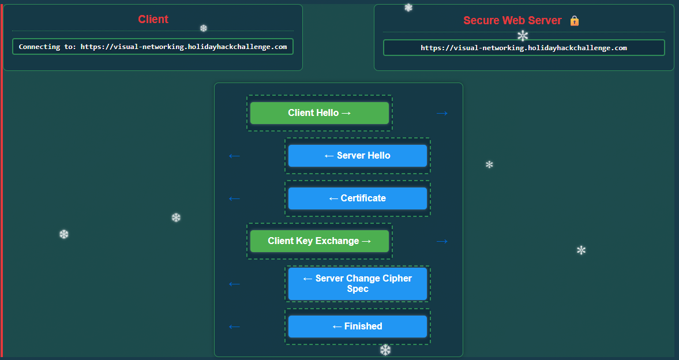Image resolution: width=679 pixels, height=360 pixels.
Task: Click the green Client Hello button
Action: point(320,113)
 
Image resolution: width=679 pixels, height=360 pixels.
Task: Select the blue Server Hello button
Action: point(358,156)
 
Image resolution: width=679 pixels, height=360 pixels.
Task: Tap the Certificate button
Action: point(358,198)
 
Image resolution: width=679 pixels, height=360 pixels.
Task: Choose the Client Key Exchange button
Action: point(320,241)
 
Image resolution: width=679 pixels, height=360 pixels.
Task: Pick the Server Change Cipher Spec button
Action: point(358,284)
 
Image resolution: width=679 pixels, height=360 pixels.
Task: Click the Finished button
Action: point(358,326)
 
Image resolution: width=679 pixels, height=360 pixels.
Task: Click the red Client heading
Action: point(153,19)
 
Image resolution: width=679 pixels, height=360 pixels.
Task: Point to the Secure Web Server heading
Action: point(512,20)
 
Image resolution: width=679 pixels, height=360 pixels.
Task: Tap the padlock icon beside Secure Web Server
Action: point(575,20)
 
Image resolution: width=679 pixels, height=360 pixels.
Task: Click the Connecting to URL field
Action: point(153,47)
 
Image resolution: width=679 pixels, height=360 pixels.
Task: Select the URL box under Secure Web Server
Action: point(524,48)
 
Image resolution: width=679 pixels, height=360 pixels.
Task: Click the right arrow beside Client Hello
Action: point(442,114)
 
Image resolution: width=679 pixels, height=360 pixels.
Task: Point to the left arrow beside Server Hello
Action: point(234,156)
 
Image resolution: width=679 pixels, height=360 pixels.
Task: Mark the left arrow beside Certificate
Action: point(234,199)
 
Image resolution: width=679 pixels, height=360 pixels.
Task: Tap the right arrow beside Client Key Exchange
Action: point(442,241)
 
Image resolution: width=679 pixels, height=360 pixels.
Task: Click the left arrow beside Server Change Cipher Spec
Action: point(234,284)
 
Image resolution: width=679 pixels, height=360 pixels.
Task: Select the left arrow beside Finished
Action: point(234,327)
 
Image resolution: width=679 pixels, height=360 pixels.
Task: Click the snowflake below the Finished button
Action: point(385,350)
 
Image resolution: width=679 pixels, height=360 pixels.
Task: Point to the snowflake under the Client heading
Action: point(204,28)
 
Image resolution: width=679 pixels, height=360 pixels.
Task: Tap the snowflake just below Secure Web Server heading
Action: point(523,36)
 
